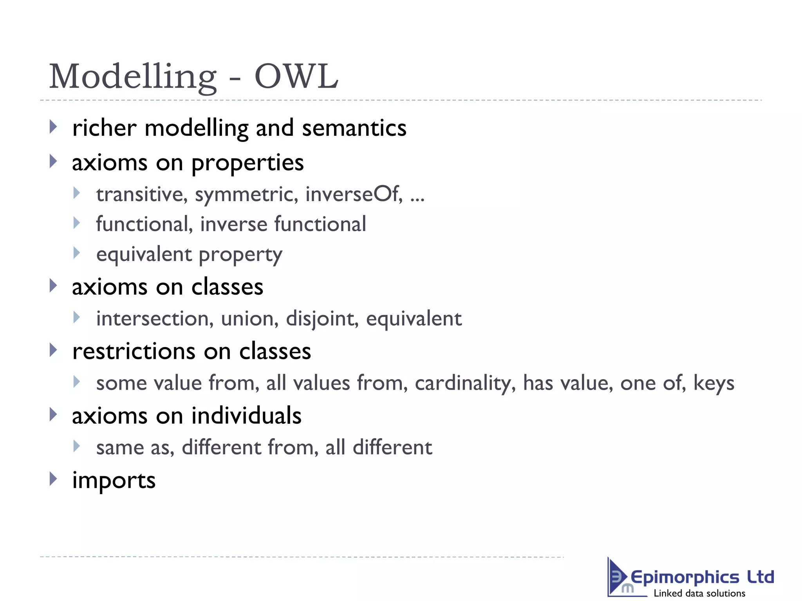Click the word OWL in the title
tap(296, 76)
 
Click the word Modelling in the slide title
tap(133, 77)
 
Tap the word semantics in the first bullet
tap(354, 128)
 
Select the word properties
tap(247, 163)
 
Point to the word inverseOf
tap(354, 194)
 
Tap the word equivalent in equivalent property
tap(144, 255)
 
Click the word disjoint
tap(322, 318)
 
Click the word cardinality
tap(465, 383)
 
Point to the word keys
tap(713, 383)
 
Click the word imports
tap(114, 480)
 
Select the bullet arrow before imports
tap(53, 479)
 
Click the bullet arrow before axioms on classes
tap(53, 286)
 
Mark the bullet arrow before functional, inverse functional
tap(77, 223)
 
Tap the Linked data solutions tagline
tap(699, 593)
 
